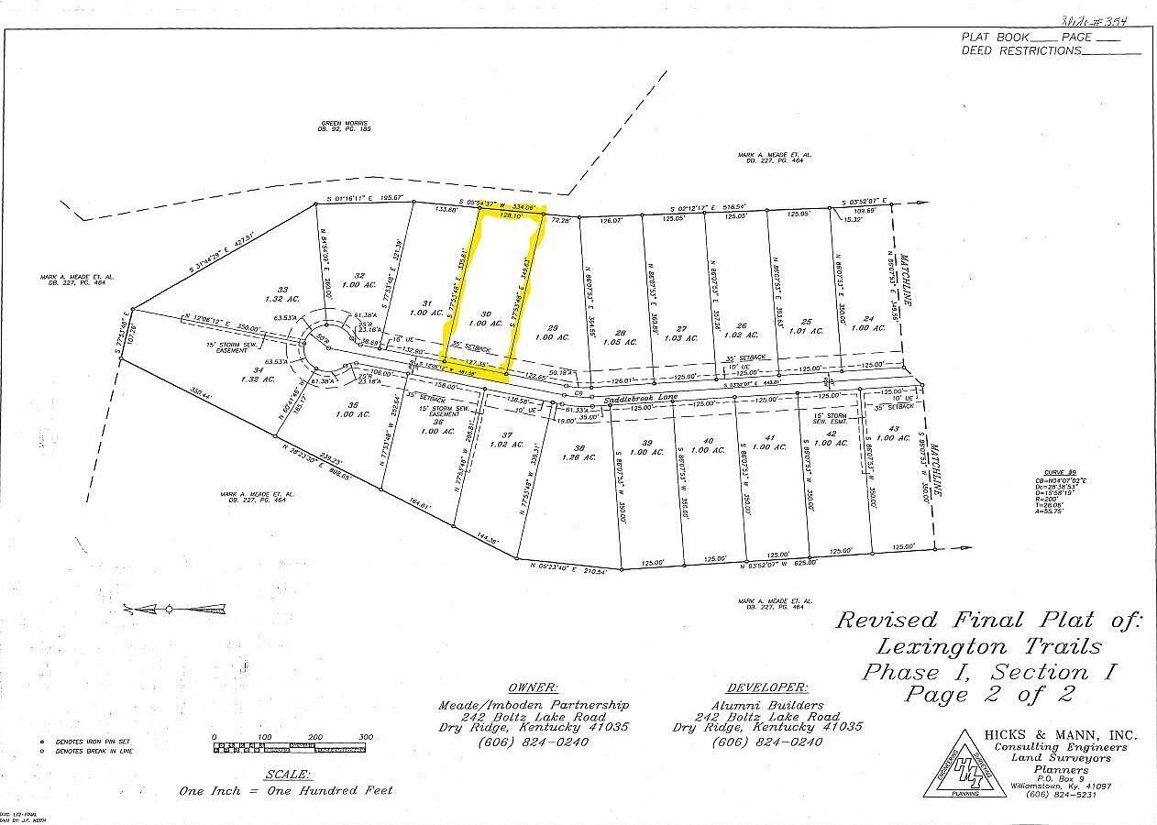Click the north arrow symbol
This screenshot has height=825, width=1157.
174,608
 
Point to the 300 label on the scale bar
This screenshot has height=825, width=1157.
365,737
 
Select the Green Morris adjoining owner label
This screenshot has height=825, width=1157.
346,124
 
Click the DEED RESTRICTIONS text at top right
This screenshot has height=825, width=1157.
1020,51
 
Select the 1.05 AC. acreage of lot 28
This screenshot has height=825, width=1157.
621,343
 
